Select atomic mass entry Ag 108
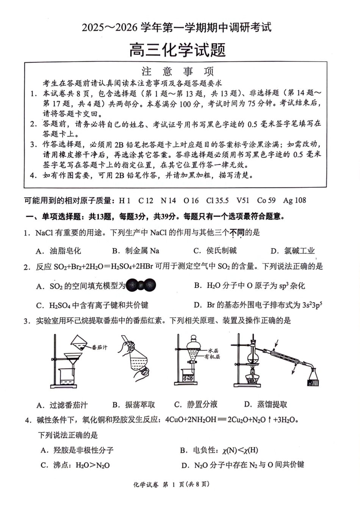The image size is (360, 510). coord(294,201)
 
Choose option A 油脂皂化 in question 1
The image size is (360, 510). coord(58,251)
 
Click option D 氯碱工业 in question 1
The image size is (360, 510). coord(293,251)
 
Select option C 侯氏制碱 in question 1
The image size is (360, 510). coord(215,251)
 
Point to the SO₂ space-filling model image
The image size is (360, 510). coord(141,286)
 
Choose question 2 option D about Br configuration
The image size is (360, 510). coord(258,305)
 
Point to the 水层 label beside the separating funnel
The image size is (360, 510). coord(213,351)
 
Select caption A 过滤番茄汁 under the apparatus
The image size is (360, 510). coord(62,405)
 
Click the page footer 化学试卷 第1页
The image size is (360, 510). coord(171,484)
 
